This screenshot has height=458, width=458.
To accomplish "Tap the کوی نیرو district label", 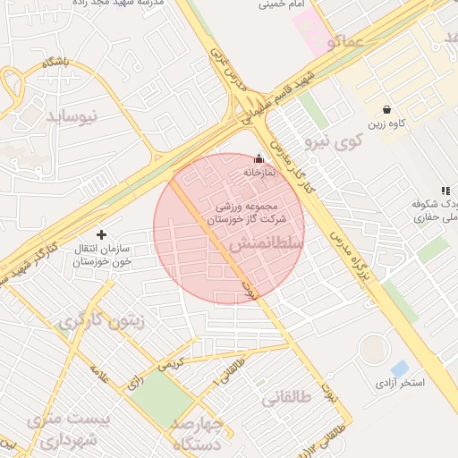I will pyautogui.click(x=334, y=140).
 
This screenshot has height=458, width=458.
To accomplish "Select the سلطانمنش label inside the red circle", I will pyautogui.click(x=267, y=243).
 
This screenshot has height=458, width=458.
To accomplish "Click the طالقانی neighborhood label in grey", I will pyautogui.click(x=286, y=398).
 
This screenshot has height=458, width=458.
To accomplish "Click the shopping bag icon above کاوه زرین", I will pyautogui.click(x=386, y=107).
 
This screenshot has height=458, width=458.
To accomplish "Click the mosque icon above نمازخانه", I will pyautogui.click(x=260, y=157).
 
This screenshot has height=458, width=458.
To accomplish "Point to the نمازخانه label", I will pyautogui.click(x=266, y=171).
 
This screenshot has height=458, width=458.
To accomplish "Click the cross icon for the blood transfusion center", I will pyautogui.click(x=101, y=234).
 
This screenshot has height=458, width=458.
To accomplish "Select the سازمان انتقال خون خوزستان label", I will pyautogui.click(x=102, y=255).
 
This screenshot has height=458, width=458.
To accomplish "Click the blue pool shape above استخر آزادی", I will pyautogui.click(x=399, y=368).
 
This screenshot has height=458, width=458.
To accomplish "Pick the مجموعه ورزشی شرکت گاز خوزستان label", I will pyautogui.click(x=250, y=212).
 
